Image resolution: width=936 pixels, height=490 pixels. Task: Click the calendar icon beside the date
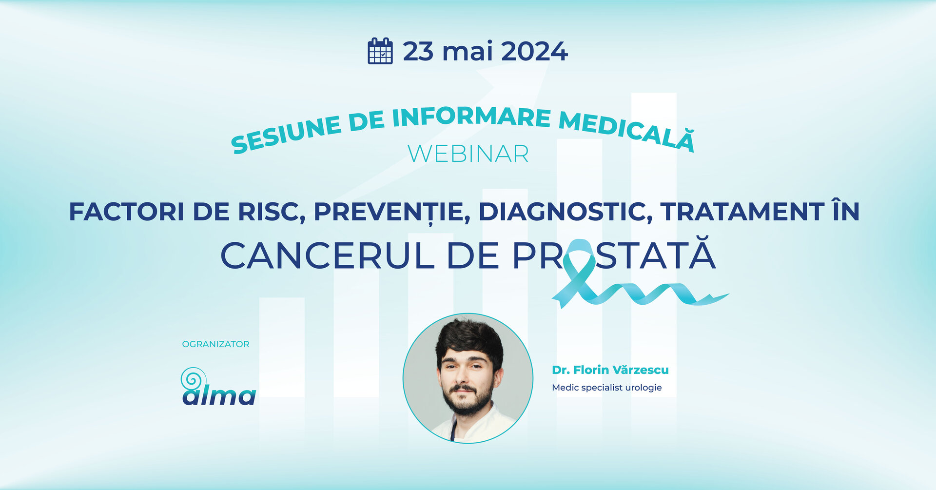(380, 51)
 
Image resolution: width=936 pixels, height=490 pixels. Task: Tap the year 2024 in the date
(534, 51)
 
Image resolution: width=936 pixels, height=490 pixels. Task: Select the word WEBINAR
(468, 154)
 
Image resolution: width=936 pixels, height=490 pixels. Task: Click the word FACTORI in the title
(126, 212)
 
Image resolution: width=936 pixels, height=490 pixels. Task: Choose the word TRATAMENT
(742, 212)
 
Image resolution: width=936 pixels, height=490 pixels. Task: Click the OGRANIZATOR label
(215, 344)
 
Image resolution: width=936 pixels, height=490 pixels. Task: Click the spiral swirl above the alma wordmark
(193, 378)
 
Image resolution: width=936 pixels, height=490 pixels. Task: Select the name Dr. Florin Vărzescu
(610, 370)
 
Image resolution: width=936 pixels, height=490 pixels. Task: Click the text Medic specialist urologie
(607, 388)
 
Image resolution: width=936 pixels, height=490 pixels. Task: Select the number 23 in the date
(418, 51)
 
